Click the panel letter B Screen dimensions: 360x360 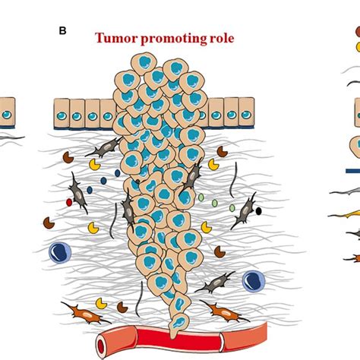coord(62,31)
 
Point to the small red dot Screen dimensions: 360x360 coord(69,202)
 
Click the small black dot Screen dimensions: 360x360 coord(258,211)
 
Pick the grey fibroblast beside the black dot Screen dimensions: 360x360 coord(245,210)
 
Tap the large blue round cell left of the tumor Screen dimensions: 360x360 coord(60,253)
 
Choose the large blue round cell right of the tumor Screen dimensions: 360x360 coord(254,281)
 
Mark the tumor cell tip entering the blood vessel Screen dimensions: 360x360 coord(173,335)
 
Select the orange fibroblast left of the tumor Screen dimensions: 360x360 coord(86,313)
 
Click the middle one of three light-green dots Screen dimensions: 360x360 coord(214,203)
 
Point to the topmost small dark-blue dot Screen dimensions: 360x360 coord(117,173)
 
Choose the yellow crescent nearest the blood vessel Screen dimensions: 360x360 coord(101,303)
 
